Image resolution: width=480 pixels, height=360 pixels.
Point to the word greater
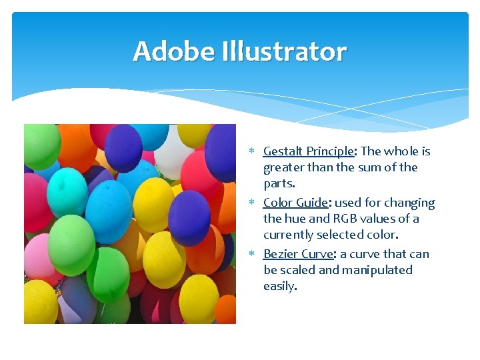[x=284, y=167]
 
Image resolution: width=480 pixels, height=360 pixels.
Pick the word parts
[x=279, y=183]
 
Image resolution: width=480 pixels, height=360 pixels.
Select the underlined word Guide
[x=311, y=203]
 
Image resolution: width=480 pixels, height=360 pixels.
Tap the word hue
[x=296, y=219]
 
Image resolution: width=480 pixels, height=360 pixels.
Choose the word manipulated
[x=377, y=270]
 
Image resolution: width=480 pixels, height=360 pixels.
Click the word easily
[x=280, y=286]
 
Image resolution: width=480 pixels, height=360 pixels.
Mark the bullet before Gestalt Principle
[x=255, y=152]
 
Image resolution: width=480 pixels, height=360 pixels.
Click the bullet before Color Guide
[x=255, y=203]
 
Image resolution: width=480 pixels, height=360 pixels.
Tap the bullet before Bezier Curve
[x=255, y=255]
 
